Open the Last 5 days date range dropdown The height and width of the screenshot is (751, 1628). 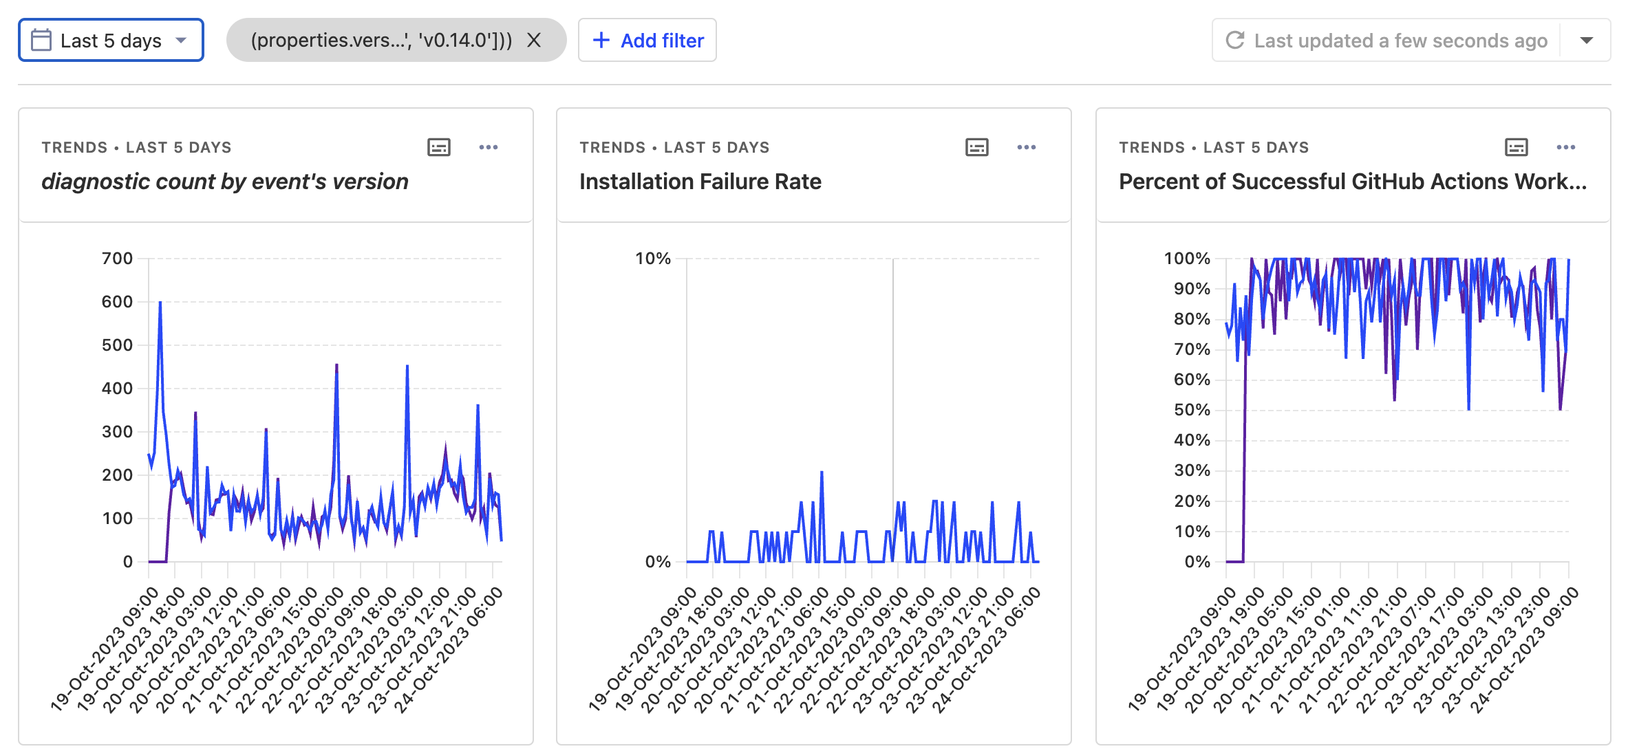pyautogui.click(x=111, y=41)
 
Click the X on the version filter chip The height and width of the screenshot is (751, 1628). pyautogui.click(x=534, y=41)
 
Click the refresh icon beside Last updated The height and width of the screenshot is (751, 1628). pyautogui.click(x=1235, y=41)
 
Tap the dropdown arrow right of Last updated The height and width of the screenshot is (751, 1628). pyautogui.click(x=1586, y=41)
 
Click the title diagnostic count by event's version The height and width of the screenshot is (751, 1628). pyautogui.click(x=225, y=182)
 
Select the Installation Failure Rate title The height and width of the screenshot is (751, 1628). pyautogui.click(x=700, y=182)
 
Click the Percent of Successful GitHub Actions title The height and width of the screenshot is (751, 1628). pyautogui.click(x=1353, y=182)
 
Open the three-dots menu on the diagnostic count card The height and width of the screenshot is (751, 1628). pyautogui.click(x=489, y=147)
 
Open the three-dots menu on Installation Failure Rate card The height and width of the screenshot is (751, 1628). pyautogui.click(x=1027, y=147)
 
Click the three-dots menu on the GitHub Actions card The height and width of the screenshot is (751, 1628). pyautogui.click(x=1566, y=147)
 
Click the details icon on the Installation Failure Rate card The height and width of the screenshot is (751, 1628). pyautogui.click(x=977, y=147)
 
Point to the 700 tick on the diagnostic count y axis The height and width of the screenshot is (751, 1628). pyautogui.click(x=117, y=259)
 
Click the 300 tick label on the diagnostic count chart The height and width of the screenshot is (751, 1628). pyautogui.click(x=117, y=432)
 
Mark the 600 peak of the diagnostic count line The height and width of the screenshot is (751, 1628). pyautogui.click(x=160, y=302)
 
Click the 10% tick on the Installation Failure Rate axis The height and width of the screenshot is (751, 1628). pyautogui.click(x=652, y=259)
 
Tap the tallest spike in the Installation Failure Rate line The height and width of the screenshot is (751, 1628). pyautogui.click(x=822, y=472)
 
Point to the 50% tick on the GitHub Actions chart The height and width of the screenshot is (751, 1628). pyautogui.click(x=1192, y=410)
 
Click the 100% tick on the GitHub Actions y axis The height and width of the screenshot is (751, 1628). pyautogui.click(x=1187, y=259)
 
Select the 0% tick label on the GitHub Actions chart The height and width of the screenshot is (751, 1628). pyautogui.click(x=1197, y=562)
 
